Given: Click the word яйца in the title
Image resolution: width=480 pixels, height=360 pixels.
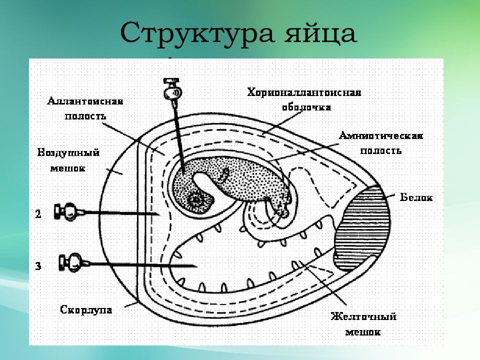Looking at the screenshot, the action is pyautogui.click(x=320, y=33).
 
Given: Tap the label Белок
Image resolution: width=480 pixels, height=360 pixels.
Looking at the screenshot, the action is pyautogui.click(x=416, y=197).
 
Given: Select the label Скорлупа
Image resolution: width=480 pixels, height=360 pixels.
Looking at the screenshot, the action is pyautogui.click(x=86, y=309).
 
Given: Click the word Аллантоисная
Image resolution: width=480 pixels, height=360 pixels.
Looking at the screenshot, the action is pyautogui.click(x=85, y=101).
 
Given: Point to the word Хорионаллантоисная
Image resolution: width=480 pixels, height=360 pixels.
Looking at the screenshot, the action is pyautogui.click(x=304, y=92).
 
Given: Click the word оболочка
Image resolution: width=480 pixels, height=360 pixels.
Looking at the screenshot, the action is pyautogui.click(x=306, y=107).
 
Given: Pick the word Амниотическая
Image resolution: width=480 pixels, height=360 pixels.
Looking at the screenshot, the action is pyautogui.click(x=381, y=135).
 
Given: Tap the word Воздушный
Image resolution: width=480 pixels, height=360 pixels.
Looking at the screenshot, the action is pyautogui.click(x=68, y=153).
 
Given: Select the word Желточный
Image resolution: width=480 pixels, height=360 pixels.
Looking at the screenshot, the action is pyautogui.click(x=363, y=316).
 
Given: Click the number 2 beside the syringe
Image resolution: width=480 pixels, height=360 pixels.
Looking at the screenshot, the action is pyautogui.click(x=38, y=213).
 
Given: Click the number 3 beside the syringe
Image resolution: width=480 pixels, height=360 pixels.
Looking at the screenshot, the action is pyautogui.click(x=38, y=265).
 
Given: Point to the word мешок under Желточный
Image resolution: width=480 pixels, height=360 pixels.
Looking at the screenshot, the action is pyautogui.click(x=363, y=332).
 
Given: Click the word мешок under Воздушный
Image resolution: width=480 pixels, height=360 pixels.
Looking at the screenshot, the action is pyautogui.click(x=67, y=168).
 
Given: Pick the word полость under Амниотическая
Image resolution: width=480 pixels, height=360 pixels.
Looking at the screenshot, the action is pyautogui.click(x=380, y=151).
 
